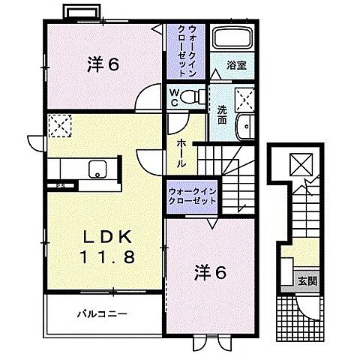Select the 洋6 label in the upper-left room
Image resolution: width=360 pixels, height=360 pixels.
[x=103, y=65]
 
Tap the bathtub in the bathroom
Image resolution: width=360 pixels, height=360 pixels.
[x=232, y=38]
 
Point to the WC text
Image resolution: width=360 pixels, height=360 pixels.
[x=173, y=95]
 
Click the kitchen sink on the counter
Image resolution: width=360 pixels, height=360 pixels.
[x=97, y=169]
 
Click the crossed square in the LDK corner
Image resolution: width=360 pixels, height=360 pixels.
[x=58, y=124]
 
